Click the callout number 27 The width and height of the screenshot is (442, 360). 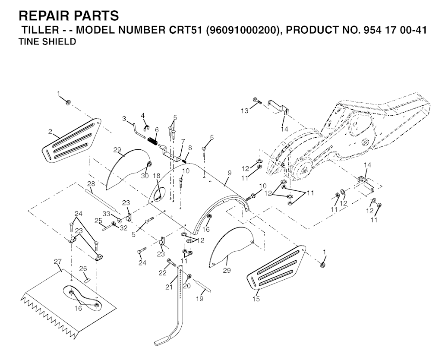coord(58,262)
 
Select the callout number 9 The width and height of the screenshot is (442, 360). coord(229,173)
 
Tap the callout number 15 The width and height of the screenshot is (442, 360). coord(256,299)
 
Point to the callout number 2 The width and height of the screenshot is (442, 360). coord(50,132)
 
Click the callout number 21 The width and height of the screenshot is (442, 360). coord(169,287)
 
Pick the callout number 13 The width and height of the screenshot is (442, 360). coord(245,111)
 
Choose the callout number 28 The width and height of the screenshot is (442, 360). coord(91,184)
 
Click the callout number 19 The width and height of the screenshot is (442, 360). coord(199,299)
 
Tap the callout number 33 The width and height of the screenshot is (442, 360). coord(106,214)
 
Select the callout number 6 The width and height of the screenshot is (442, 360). coord(157,130)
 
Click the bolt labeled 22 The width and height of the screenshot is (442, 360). coord(172,262)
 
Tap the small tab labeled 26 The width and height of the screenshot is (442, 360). coord(87,280)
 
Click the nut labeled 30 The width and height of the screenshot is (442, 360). coord(149,164)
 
